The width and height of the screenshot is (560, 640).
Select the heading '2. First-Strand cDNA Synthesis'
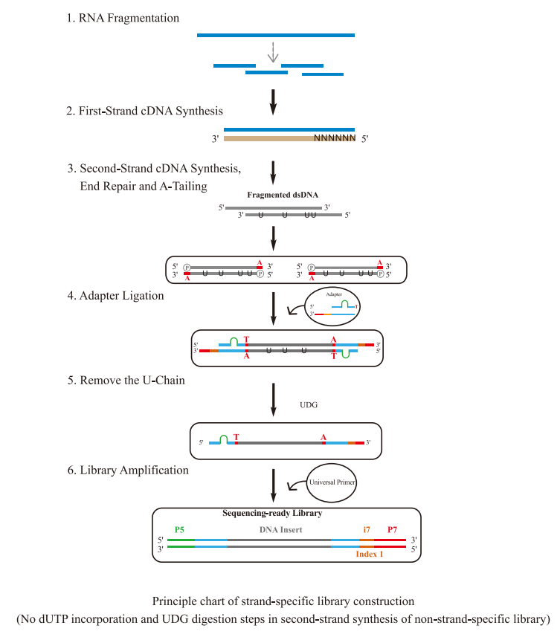144,111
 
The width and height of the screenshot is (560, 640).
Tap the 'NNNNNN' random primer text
334,138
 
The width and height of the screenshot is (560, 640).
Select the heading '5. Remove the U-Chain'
125,380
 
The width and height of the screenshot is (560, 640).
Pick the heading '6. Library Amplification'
127,470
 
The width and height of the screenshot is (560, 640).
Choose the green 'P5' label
179,529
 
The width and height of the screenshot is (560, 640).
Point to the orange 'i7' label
366,529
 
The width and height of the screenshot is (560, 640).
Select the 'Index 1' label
370,554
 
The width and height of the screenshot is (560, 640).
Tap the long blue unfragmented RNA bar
275,35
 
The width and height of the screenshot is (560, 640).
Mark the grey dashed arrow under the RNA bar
274,52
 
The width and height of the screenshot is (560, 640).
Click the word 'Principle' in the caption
176,600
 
